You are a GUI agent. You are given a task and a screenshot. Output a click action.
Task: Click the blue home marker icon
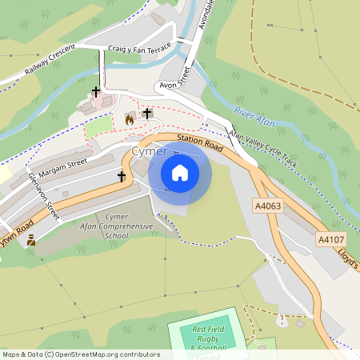point(180,173)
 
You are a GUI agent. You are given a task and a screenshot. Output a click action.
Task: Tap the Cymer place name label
point(150,151)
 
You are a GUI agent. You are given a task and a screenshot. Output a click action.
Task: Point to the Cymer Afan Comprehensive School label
point(116,226)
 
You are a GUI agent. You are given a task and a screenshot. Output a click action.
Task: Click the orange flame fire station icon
point(130,119)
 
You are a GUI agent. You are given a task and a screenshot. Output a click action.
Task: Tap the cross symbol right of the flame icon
point(146,114)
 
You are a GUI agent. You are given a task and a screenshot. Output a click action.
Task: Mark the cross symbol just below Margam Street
point(122,176)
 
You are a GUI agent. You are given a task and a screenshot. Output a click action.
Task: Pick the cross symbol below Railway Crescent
point(96,92)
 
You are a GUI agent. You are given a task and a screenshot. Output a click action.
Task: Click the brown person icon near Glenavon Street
point(31,239)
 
